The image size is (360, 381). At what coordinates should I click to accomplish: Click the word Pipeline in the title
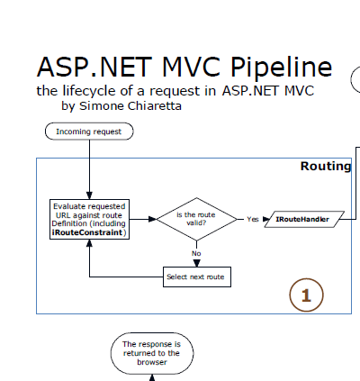(x=274, y=68)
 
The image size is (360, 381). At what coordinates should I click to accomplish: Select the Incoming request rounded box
(x=90, y=132)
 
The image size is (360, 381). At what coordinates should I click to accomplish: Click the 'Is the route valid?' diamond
(x=195, y=218)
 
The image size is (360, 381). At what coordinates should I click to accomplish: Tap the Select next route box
(x=196, y=277)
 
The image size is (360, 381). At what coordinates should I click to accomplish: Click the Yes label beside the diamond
(x=252, y=219)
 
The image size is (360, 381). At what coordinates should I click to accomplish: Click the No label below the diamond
(x=196, y=253)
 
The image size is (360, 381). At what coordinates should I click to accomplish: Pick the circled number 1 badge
(x=306, y=295)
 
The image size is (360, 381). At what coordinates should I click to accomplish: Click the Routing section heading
(x=325, y=167)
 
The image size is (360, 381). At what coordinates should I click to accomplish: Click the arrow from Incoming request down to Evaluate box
(x=90, y=171)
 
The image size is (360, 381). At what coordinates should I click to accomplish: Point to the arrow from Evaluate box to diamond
(x=143, y=219)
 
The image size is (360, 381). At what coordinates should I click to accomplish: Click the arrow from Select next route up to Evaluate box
(x=90, y=261)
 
